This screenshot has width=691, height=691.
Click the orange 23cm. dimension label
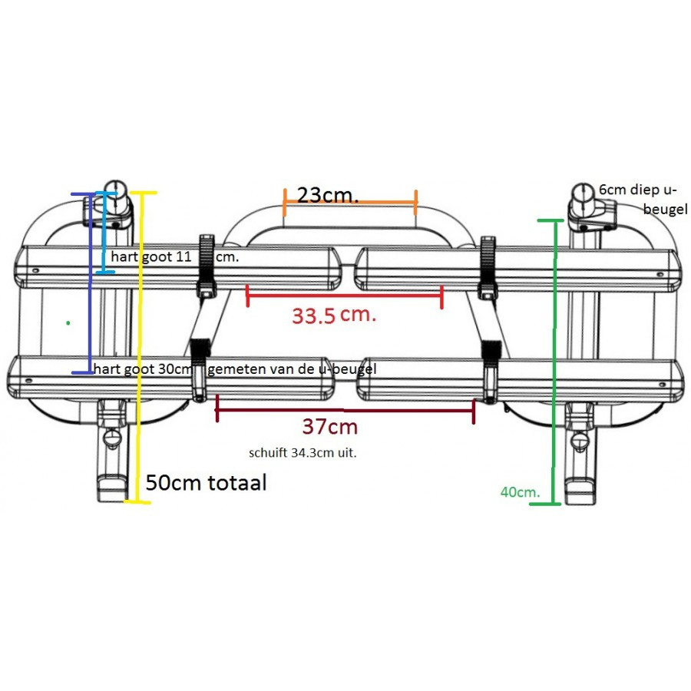coord(328,195)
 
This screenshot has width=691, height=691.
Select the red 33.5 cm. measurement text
coord(333,315)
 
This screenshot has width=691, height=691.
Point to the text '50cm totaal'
coord(207,484)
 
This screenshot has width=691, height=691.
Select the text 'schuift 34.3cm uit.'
coord(303,453)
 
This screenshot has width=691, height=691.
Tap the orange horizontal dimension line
coord(350,203)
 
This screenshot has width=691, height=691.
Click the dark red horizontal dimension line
coord(345,409)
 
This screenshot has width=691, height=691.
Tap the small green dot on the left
coord(68,323)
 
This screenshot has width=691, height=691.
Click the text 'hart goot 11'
coord(150,257)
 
